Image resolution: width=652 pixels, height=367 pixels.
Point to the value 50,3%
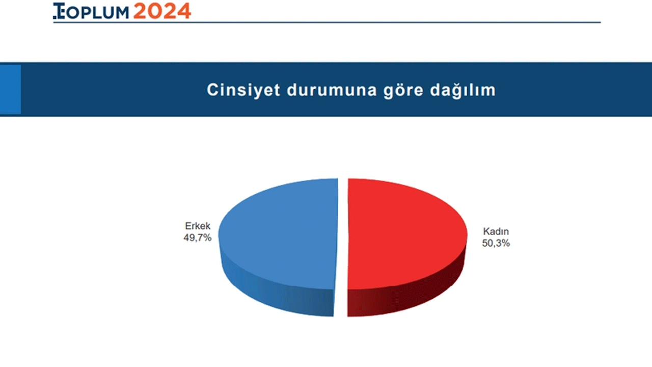(x=496, y=244)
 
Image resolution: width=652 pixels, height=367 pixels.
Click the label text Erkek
(x=198, y=226)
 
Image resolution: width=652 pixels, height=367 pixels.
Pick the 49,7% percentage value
(x=198, y=238)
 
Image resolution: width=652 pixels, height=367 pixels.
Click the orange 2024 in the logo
(x=162, y=11)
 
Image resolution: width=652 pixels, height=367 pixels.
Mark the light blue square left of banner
(x=10, y=89)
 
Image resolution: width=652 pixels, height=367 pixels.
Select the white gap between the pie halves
(x=342, y=245)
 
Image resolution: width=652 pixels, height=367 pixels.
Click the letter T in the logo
(x=58, y=11)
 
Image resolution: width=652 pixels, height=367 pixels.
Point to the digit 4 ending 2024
(x=184, y=11)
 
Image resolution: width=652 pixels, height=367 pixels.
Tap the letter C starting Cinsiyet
(x=212, y=90)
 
